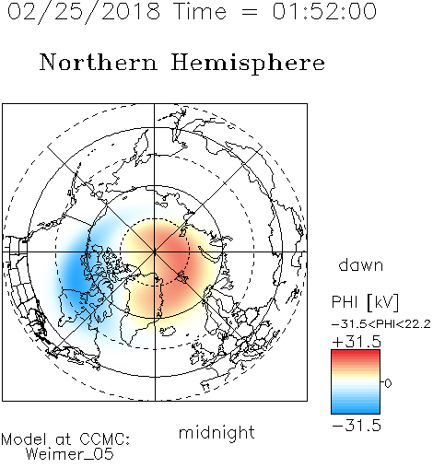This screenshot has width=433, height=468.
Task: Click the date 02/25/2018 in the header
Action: [84, 12]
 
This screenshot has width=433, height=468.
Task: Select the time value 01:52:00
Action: [324, 11]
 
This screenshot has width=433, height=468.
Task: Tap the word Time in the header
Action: [200, 11]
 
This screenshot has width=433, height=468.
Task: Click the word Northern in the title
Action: [99, 62]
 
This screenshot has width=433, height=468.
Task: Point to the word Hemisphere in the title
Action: [248, 64]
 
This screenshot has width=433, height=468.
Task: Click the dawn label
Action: [361, 264]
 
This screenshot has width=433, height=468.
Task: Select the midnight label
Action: [216, 432]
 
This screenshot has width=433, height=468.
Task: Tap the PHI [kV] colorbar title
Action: [365, 302]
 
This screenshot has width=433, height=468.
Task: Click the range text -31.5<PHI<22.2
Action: [381, 324]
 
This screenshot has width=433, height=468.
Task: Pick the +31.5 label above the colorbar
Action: [357, 342]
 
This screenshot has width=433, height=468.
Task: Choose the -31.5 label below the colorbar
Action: [357, 426]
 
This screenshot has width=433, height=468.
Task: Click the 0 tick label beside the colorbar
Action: [388, 383]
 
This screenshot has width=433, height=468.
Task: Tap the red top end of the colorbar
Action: [356, 353]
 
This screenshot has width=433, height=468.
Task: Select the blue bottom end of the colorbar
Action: [356, 411]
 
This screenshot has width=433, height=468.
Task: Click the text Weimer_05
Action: [70, 453]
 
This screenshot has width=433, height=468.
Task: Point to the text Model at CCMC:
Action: [65, 439]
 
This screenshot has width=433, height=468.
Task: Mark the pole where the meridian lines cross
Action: [155, 252]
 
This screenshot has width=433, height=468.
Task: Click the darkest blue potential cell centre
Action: [74, 270]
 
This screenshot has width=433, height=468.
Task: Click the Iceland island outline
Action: [167, 331]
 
